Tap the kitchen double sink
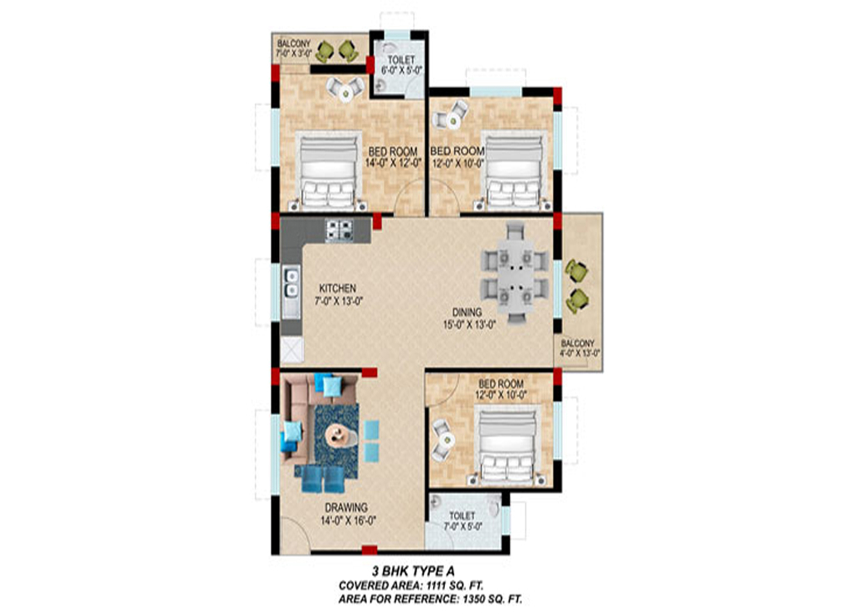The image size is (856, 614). point(291,283)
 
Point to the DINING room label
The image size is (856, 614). point(467,312)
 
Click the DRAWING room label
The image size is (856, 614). point(346,508)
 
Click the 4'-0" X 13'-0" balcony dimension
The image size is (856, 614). point(580,353)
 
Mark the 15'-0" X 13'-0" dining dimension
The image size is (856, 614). point(469,324)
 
